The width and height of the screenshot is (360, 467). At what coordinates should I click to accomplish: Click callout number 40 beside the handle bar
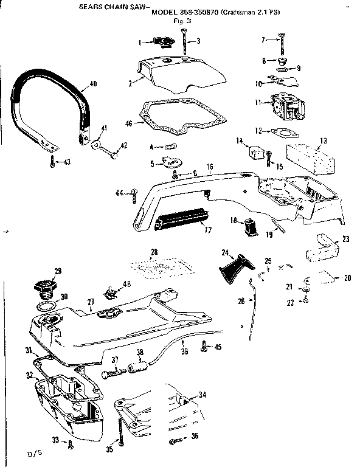pyautogui.click(x=92, y=83)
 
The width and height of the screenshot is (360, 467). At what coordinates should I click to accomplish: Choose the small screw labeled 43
pyautogui.click(x=54, y=161)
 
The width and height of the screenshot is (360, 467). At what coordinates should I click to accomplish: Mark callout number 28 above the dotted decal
pyautogui.click(x=154, y=251)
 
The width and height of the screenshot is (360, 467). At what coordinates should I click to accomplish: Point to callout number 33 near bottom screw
pyautogui.click(x=55, y=440)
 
